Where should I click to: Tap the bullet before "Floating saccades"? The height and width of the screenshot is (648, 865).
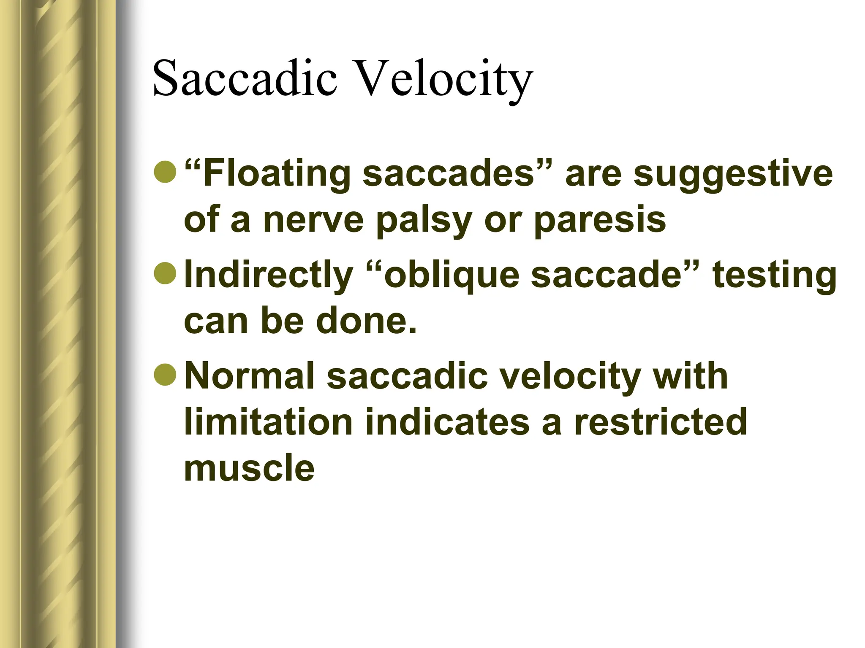click(x=165, y=172)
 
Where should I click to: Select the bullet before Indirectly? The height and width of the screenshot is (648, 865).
click(x=165, y=273)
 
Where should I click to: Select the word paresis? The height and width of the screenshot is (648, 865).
click(x=600, y=220)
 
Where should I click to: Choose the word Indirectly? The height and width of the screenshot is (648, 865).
click(x=269, y=274)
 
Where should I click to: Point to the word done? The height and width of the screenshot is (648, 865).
click(x=366, y=321)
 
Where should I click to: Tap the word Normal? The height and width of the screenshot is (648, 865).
click(x=250, y=375)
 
